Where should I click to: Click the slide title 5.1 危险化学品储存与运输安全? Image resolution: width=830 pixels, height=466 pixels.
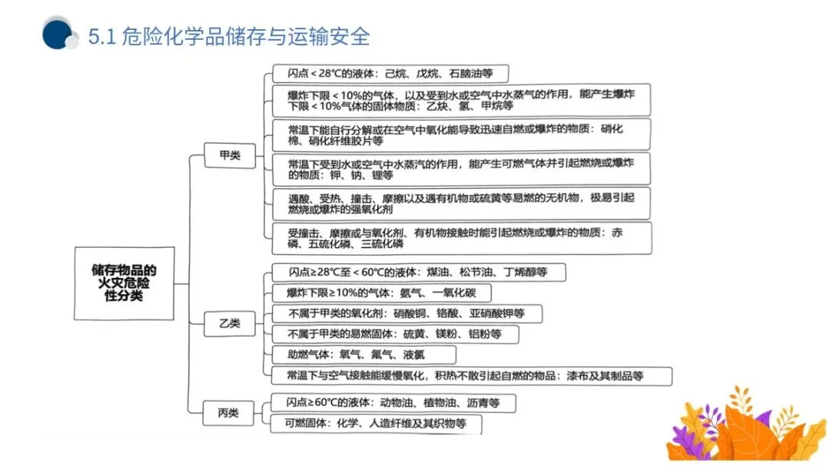229,35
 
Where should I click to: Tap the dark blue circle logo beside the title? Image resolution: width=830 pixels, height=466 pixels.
57,34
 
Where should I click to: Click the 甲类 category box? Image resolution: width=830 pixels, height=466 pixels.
229,156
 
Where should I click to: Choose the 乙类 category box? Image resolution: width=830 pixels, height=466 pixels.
229,323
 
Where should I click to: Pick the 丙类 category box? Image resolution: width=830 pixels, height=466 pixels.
228,413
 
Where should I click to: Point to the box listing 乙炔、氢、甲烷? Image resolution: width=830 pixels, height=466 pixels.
461,101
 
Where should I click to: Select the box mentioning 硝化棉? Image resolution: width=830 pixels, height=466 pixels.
461,134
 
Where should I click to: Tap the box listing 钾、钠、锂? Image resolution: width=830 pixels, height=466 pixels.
461,169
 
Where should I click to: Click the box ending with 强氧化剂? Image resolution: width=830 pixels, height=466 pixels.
461,203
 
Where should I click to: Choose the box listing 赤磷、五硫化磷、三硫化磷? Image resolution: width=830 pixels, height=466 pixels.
461,238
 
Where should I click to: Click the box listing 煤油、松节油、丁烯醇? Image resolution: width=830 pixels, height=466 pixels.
419,273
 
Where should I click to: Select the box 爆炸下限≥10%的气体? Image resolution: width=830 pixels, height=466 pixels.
381,293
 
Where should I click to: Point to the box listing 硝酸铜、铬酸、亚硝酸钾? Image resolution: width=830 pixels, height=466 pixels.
407,313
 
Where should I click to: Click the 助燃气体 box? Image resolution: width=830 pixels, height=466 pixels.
364,355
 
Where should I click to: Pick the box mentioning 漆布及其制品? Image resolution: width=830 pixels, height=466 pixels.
471,375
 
